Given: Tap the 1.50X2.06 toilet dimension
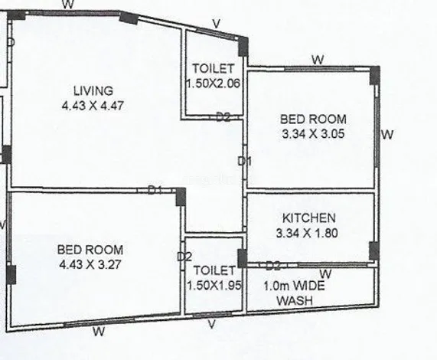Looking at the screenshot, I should click(214, 83).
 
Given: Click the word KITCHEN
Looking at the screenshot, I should click(308, 218).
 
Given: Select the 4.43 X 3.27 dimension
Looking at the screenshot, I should click(90, 265).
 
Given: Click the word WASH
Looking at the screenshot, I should click(294, 301).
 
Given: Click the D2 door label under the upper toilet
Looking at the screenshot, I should click(223, 117).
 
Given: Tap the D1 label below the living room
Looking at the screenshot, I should click(155, 190).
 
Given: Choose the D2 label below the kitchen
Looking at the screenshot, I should click(272, 266).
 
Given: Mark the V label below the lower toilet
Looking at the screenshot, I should click(214, 326).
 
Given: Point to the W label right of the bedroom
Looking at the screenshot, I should click(387, 135).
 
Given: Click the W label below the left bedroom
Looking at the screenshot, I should click(98, 332).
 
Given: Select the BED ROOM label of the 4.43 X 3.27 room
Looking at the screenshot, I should click(90, 250).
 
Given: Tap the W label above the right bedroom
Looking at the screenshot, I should click(318, 60).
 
